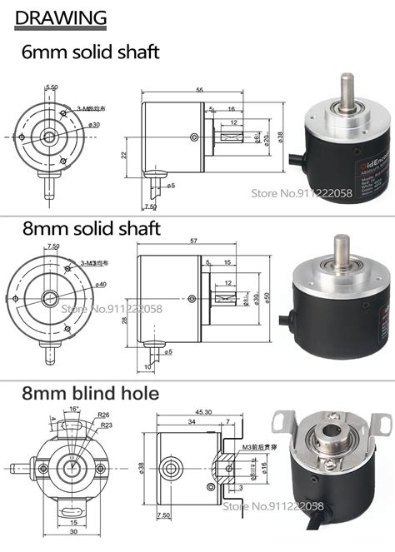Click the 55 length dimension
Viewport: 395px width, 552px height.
pyautogui.click(x=199, y=89)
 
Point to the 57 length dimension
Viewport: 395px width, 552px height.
pyautogui.click(x=195, y=241)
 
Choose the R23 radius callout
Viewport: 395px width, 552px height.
pyautogui.click(x=106, y=425)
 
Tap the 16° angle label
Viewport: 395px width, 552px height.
pyautogui.click(x=75, y=410)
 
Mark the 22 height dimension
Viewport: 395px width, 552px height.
pyautogui.click(x=122, y=155)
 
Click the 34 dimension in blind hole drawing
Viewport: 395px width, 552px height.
pyautogui.click(x=192, y=422)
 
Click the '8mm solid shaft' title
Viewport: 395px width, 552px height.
pyautogui.click(x=91, y=227)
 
